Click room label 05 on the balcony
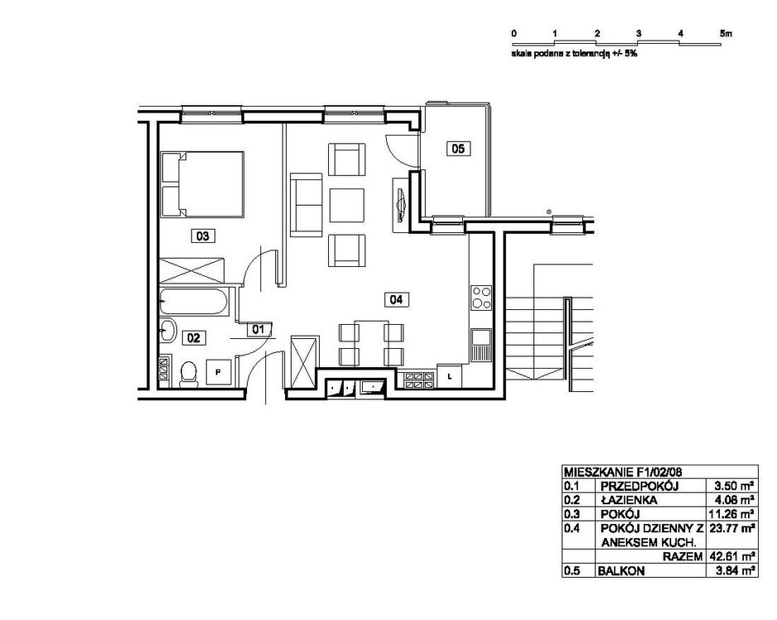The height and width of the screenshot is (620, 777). click(x=458, y=148)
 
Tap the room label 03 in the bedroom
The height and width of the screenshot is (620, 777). click(x=203, y=236)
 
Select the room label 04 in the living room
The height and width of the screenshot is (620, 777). click(x=397, y=299)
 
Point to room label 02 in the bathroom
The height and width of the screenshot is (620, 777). click(x=193, y=338)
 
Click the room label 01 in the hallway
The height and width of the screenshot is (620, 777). click(x=260, y=329)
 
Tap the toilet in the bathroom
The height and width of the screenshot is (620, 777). click(x=188, y=374)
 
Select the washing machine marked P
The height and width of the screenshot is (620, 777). click(x=218, y=372)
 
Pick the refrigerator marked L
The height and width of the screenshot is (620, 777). click(x=450, y=376)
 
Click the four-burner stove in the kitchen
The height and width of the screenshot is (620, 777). click(x=481, y=298)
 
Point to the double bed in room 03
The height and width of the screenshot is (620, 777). click(x=203, y=184)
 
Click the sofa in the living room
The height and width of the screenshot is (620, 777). click(x=306, y=205)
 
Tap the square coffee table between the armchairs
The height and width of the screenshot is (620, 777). click(x=347, y=205)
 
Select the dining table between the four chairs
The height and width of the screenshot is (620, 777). click(x=371, y=343)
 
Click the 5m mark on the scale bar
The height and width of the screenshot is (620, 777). click(x=726, y=34)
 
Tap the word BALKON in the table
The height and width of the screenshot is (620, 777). click(x=622, y=571)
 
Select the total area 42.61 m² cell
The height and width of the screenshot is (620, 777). click(x=732, y=556)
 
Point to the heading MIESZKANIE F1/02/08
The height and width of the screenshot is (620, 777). click(x=622, y=472)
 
